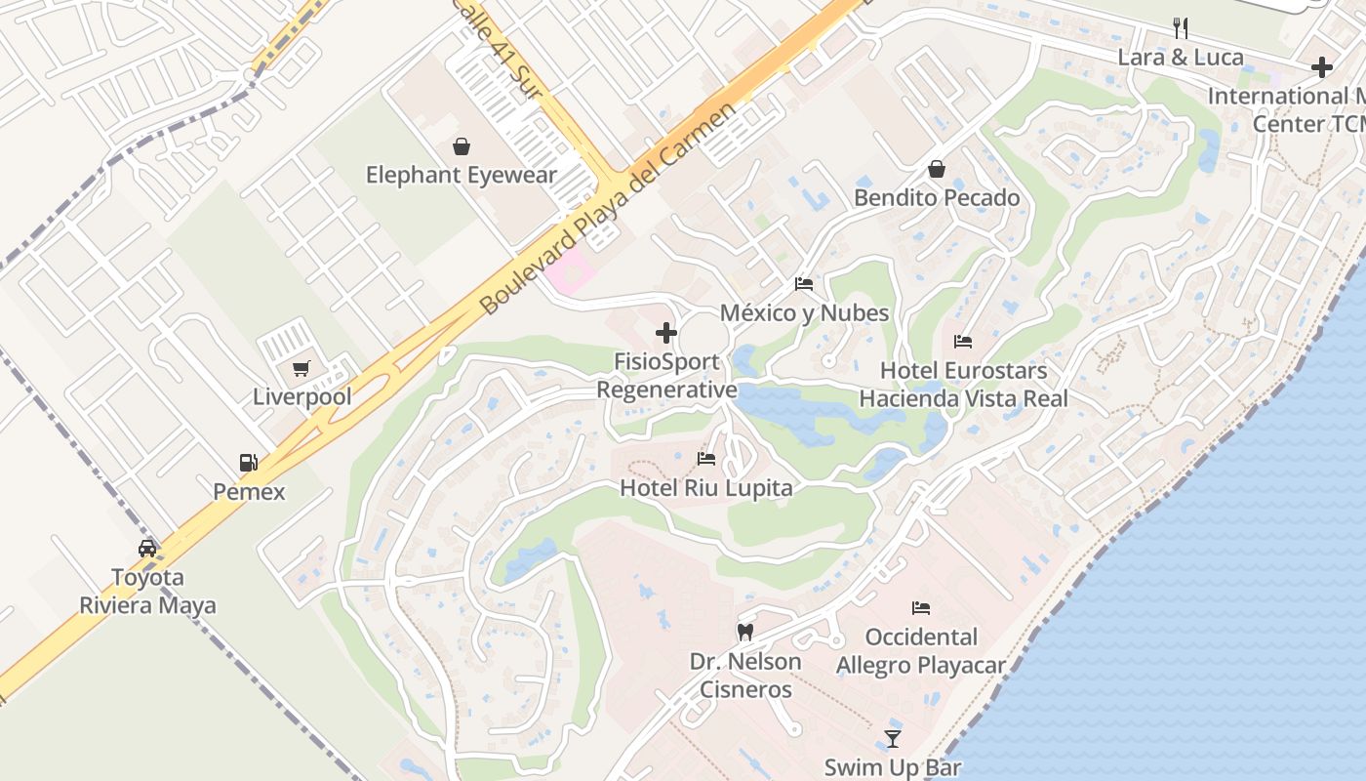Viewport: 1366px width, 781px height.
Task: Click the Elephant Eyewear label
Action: (x=461, y=176)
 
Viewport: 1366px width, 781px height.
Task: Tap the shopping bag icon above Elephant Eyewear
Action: (x=461, y=146)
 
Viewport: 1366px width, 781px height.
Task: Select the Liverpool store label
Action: (x=302, y=397)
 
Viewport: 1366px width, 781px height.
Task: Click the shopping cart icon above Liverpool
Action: (x=301, y=369)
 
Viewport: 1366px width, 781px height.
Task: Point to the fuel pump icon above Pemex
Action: (x=249, y=463)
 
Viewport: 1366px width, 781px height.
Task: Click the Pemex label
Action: (x=250, y=491)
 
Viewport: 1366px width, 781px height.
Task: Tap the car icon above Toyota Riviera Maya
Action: (x=147, y=548)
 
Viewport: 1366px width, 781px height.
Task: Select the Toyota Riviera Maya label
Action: (x=148, y=591)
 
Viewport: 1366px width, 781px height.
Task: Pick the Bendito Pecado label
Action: (x=937, y=198)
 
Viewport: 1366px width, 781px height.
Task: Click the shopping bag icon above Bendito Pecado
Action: (x=937, y=169)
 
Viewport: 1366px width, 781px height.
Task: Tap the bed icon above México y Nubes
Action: (x=804, y=284)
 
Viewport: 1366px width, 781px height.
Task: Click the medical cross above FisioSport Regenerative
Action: (x=666, y=334)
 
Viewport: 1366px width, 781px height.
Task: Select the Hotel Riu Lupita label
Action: (x=706, y=487)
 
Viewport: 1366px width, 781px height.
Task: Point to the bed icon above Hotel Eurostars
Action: (x=963, y=342)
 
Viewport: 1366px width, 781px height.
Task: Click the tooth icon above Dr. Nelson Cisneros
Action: (x=745, y=633)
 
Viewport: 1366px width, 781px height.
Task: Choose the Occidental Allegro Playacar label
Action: (x=920, y=651)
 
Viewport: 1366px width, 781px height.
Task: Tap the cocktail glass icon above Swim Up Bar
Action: (x=893, y=738)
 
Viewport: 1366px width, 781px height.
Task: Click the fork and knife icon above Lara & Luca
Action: (x=1180, y=27)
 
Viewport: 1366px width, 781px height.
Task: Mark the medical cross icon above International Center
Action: (x=1322, y=67)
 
